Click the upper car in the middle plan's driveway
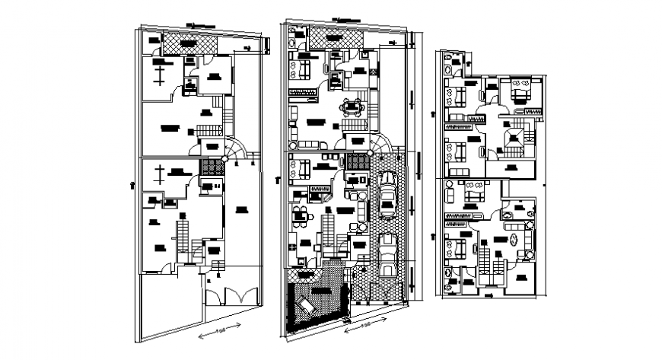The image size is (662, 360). (387, 196)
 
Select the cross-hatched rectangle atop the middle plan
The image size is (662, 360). (334, 39)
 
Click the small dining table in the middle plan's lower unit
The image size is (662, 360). (300, 214)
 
